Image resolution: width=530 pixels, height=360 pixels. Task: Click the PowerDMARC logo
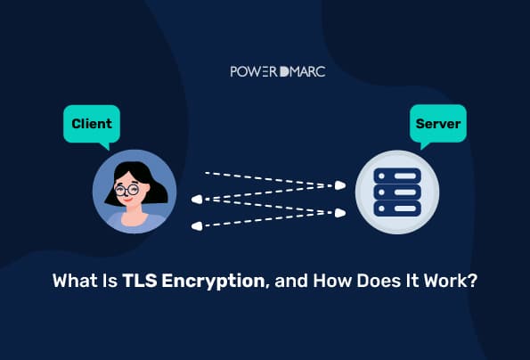(x=278, y=71)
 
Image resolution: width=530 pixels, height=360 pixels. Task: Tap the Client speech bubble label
(x=92, y=124)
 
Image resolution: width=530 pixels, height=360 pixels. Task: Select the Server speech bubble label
(x=438, y=124)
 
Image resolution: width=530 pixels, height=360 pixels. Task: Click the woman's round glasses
(x=126, y=190)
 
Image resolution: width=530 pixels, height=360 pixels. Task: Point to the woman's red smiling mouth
(x=127, y=199)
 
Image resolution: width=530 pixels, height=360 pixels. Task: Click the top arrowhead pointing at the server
(x=340, y=185)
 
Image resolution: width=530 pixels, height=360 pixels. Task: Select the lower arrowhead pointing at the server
(x=340, y=213)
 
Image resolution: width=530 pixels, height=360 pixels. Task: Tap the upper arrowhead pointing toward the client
(x=197, y=200)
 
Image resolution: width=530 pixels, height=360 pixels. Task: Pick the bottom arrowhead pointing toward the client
(x=197, y=226)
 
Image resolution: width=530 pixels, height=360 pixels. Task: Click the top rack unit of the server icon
(x=397, y=176)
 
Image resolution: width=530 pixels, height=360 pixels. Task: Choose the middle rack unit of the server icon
(x=397, y=192)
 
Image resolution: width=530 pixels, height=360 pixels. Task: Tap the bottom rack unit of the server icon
(x=397, y=209)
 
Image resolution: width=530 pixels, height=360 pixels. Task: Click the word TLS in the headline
(x=140, y=281)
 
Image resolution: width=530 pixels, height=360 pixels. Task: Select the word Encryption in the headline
(x=213, y=282)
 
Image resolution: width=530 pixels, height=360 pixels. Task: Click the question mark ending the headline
(x=472, y=281)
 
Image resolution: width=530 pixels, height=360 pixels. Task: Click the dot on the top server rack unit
(x=381, y=176)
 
